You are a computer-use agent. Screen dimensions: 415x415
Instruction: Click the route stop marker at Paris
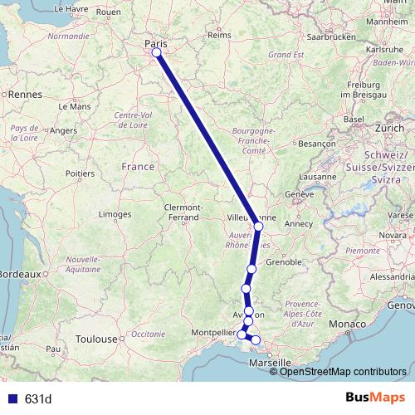[x=156, y=54]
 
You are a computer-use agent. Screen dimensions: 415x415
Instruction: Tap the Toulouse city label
[x=95, y=339]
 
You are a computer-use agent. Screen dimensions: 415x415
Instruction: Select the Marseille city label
[x=274, y=362]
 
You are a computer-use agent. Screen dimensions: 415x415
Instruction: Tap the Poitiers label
[x=81, y=173]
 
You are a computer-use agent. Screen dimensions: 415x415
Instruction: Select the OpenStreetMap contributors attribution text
[x=342, y=371]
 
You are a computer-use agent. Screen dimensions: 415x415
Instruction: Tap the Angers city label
[x=64, y=130]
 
